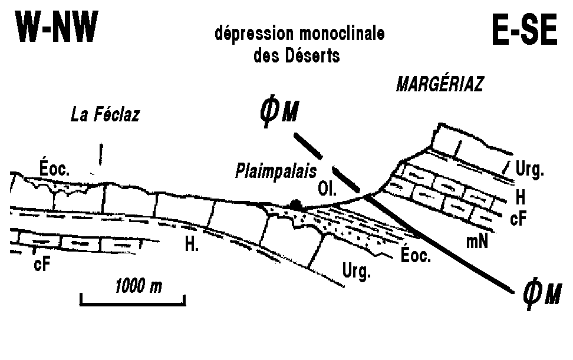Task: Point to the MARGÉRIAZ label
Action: (x=440, y=85)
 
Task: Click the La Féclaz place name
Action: (x=105, y=114)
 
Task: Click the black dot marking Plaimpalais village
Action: (x=295, y=205)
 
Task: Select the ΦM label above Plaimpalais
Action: (x=277, y=112)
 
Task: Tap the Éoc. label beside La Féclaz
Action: (x=55, y=170)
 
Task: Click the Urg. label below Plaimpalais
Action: (x=357, y=272)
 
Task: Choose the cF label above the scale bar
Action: (x=42, y=263)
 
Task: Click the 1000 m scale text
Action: (x=139, y=287)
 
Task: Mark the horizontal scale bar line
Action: (x=133, y=303)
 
